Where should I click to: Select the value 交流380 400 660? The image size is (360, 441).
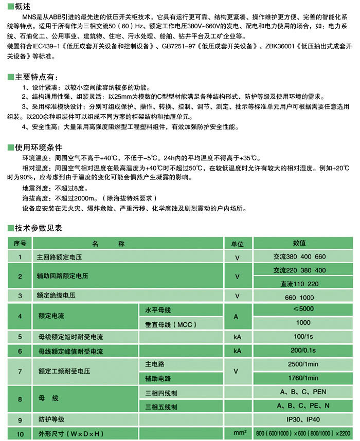tap(300, 256)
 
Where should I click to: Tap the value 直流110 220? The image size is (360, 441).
tap(300, 283)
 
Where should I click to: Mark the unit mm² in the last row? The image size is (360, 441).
tap(237, 433)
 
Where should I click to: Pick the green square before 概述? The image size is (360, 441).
tap(11, 6)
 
